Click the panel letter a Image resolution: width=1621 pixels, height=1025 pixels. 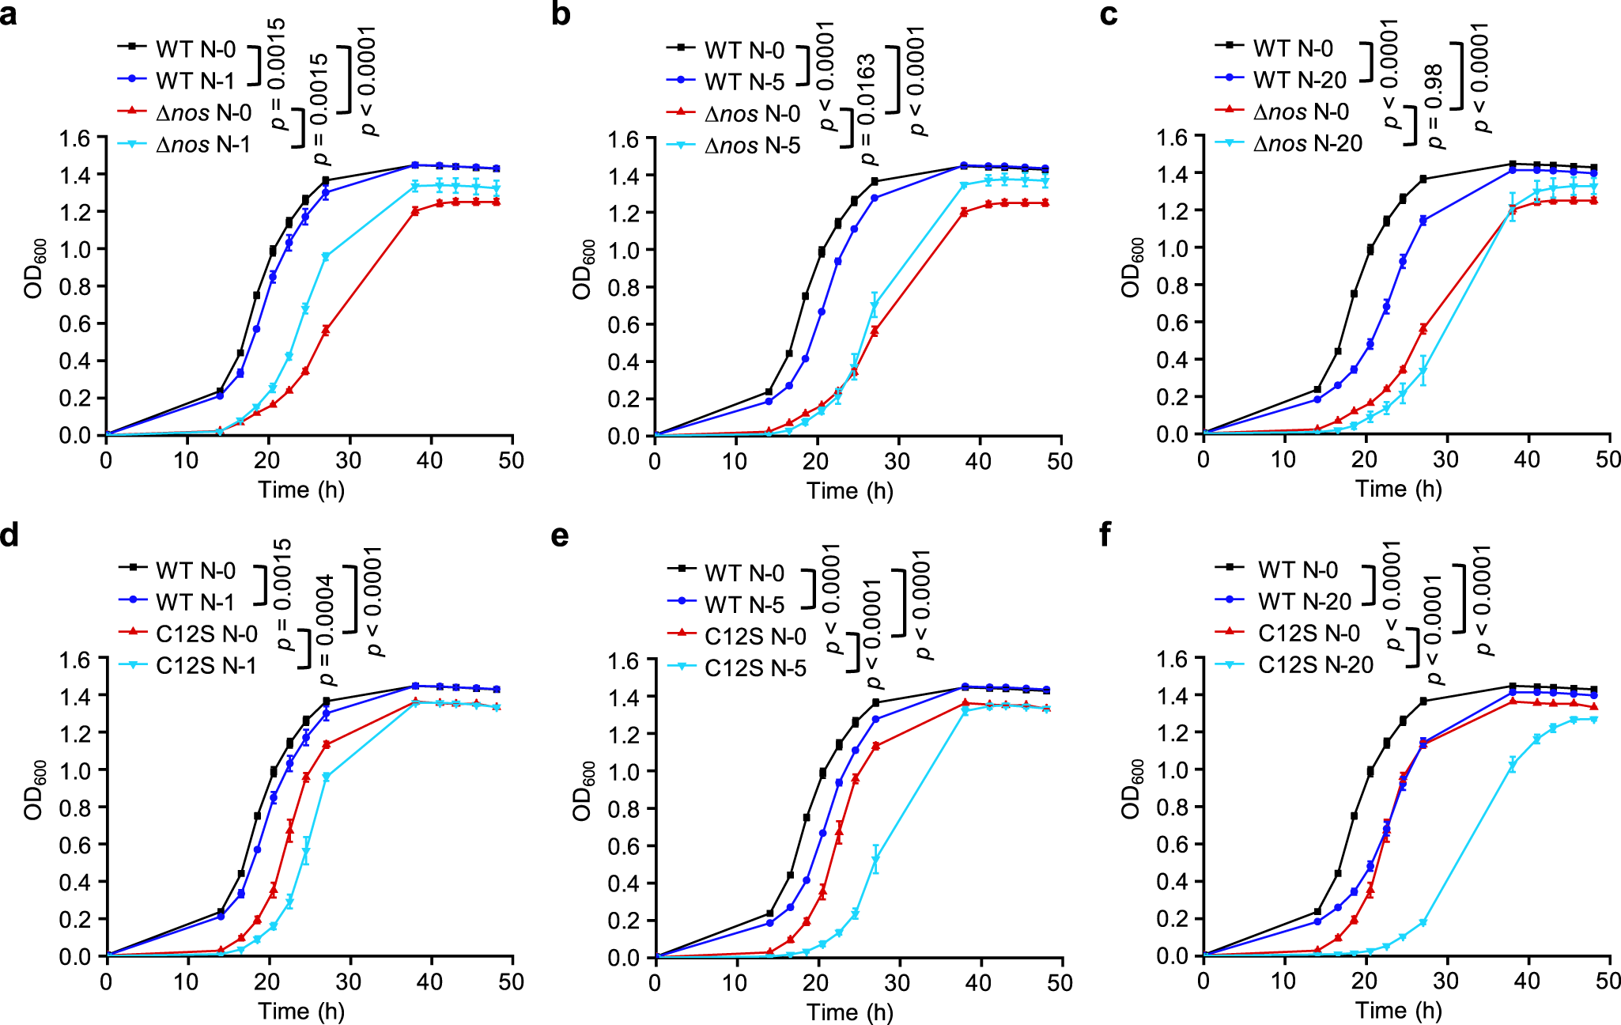(9, 13)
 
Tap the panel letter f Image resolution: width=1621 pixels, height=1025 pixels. (1105, 535)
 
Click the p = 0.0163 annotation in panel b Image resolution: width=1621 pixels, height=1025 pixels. (867, 108)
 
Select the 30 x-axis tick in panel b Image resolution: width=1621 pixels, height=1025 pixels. (897, 461)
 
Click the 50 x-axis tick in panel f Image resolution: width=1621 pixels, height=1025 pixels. (1608, 982)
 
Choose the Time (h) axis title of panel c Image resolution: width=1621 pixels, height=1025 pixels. (1398, 489)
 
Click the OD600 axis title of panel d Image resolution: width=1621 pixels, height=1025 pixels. (34, 790)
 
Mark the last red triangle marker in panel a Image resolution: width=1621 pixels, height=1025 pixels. (496, 202)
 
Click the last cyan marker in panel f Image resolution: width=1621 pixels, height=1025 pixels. (1593, 720)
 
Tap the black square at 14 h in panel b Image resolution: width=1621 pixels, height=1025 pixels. (768, 391)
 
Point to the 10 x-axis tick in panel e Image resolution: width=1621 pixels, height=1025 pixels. (736, 983)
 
